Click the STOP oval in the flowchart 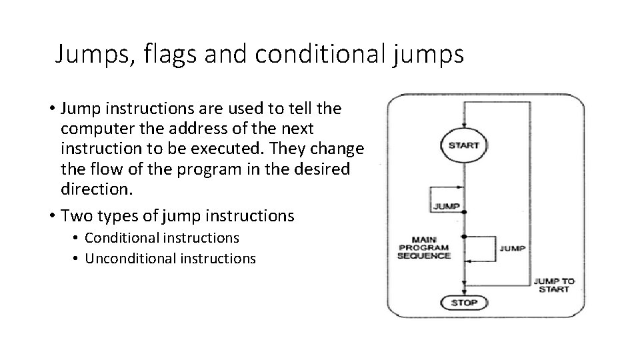coord(464,302)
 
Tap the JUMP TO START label coord(553,285)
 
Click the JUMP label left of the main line coord(447,206)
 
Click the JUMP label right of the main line coord(511,248)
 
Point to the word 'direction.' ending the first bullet coord(97,189)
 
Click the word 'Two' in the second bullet coord(74,215)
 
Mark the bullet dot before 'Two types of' coord(51,215)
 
